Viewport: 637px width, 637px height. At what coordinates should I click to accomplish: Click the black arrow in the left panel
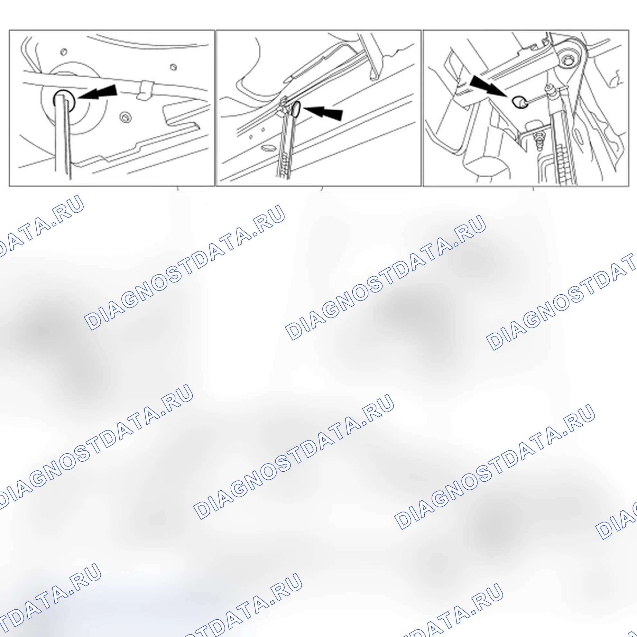click(x=98, y=92)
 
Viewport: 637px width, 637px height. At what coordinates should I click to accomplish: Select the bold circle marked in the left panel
click(x=64, y=100)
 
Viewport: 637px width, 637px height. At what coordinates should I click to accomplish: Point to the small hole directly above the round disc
click(x=64, y=52)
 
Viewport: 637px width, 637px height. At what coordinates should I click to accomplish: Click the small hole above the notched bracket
click(x=173, y=67)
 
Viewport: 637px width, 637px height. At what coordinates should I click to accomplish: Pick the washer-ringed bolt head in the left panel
click(x=125, y=117)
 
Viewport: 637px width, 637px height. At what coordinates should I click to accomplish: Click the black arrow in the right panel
click(x=488, y=87)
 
